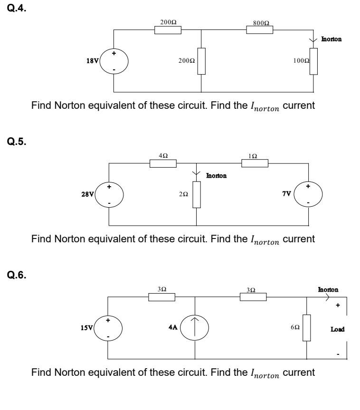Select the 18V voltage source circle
tap(114, 61)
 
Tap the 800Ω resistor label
tap(259, 22)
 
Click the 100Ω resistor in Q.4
tap(313, 61)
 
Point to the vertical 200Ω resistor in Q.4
tap(201, 61)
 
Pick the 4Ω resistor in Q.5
tap(163, 163)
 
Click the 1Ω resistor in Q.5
tap(255, 163)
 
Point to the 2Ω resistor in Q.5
tap(197, 195)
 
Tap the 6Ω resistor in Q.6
tap(307, 328)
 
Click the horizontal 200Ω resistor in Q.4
tap(168, 30)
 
